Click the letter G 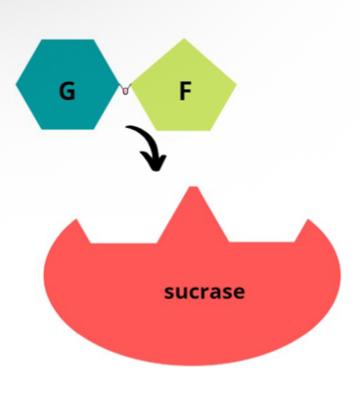[x=67, y=91]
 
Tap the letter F [x=185, y=91]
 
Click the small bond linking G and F [x=124, y=90]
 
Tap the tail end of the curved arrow [x=128, y=127]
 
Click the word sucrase [x=203, y=291]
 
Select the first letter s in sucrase [x=168, y=292]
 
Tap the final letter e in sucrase [x=239, y=292]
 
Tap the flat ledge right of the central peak [x=262, y=241]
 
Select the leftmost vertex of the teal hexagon [x=17, y=84]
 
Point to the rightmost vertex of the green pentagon [x=237, y=80]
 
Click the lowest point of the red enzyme [x=191, y=365]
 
